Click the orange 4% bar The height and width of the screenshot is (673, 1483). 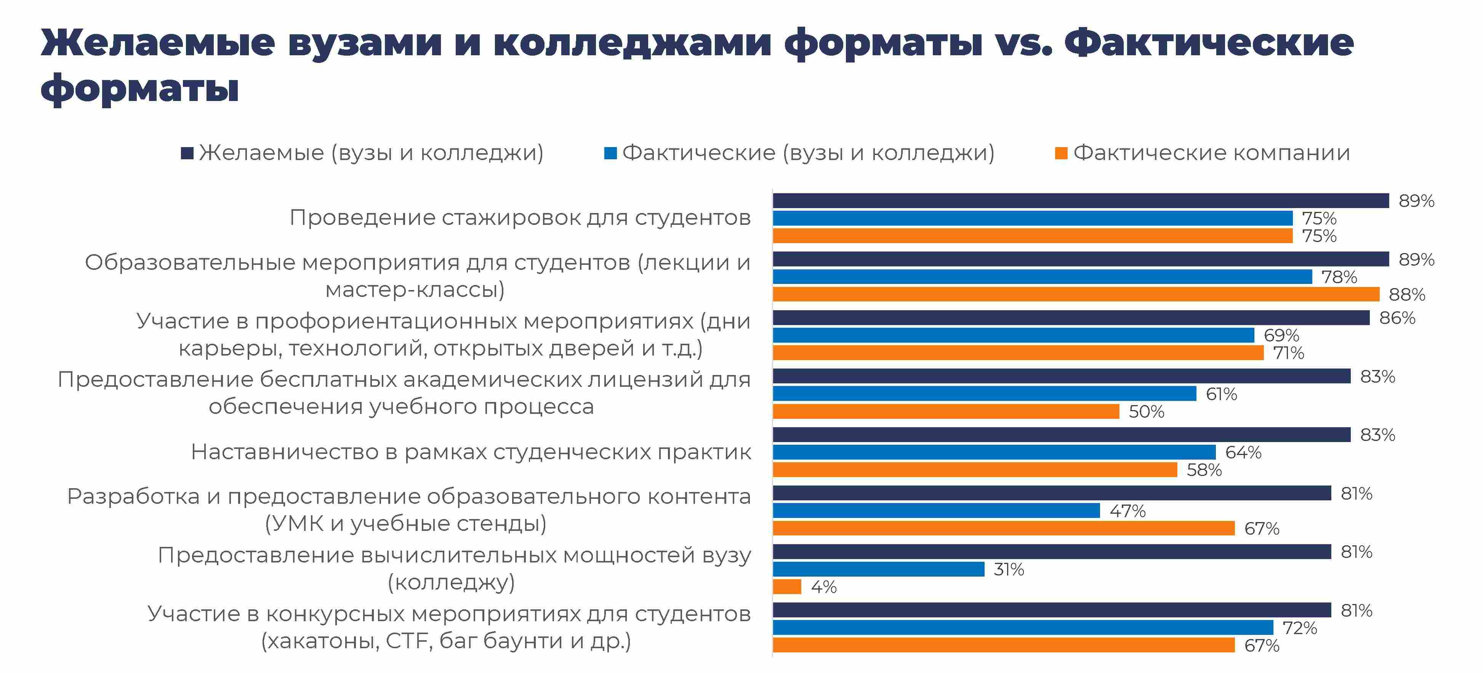786,586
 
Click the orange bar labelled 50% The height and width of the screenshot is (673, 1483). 945,412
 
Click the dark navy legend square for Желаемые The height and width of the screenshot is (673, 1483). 187,153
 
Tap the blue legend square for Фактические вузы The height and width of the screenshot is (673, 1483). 610,153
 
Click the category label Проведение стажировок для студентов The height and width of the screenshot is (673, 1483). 520,218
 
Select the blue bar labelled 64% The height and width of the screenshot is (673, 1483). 994,452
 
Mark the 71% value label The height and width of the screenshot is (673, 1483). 1288,353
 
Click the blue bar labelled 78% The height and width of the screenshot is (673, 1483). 1042,277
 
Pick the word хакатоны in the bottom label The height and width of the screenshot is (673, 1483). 320,641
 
